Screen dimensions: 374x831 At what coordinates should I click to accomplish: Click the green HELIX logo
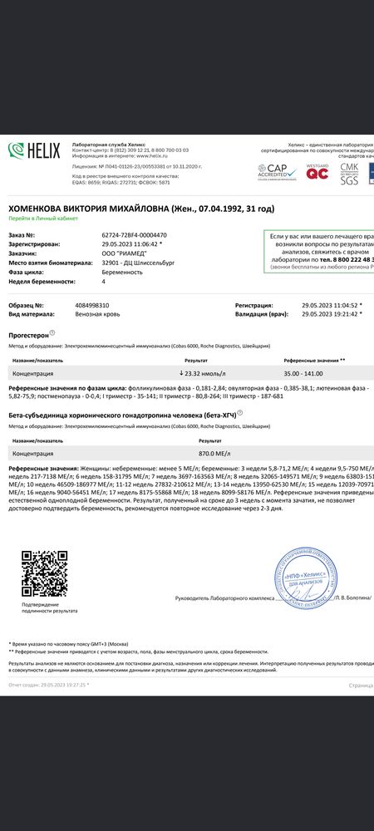pyautogui.click(x=34, y=150)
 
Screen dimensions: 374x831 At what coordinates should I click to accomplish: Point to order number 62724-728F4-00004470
pyautogui.click(x=134, y=235)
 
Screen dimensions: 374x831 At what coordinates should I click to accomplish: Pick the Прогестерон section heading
pyautogui.click(x=28, y=334)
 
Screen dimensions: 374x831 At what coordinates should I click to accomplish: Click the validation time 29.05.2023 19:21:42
pyautogui.click(x=330, y=315)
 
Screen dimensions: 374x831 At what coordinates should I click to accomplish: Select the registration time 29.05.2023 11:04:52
pyautogui.click(x=330, y=305)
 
